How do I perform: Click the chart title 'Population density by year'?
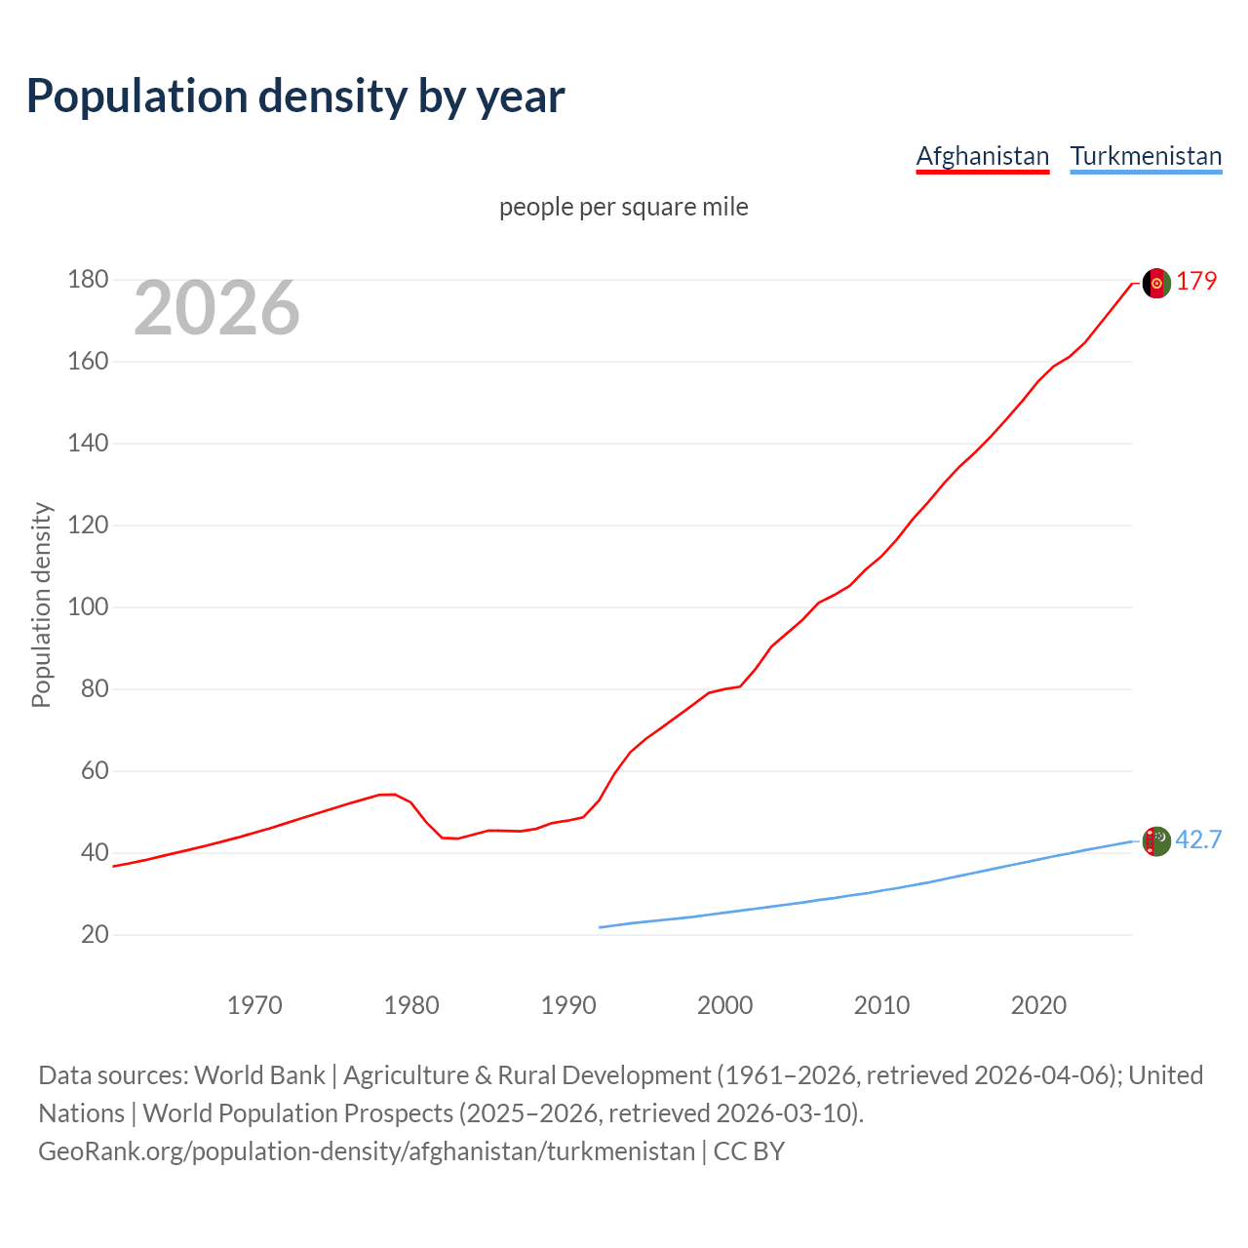295,96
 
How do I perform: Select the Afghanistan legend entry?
982,156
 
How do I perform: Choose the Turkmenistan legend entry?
1146,156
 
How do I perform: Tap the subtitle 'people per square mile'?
624,207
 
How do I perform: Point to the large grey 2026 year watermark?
216,308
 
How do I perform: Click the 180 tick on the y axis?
88,280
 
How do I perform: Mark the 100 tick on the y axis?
88,607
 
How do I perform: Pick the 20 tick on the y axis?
95,935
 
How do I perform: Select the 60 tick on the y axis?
95,771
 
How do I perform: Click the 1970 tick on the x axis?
254,1005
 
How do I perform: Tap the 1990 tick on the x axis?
568,1005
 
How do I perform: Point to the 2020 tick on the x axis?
1038,1005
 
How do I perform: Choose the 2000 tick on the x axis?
725,1005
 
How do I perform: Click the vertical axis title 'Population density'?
41,604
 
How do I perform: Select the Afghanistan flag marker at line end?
1156,283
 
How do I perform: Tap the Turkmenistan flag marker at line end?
1156,840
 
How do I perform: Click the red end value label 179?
1196,281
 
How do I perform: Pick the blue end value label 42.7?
1198,839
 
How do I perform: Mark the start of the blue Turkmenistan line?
601,927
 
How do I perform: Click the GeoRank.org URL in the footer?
367,1151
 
